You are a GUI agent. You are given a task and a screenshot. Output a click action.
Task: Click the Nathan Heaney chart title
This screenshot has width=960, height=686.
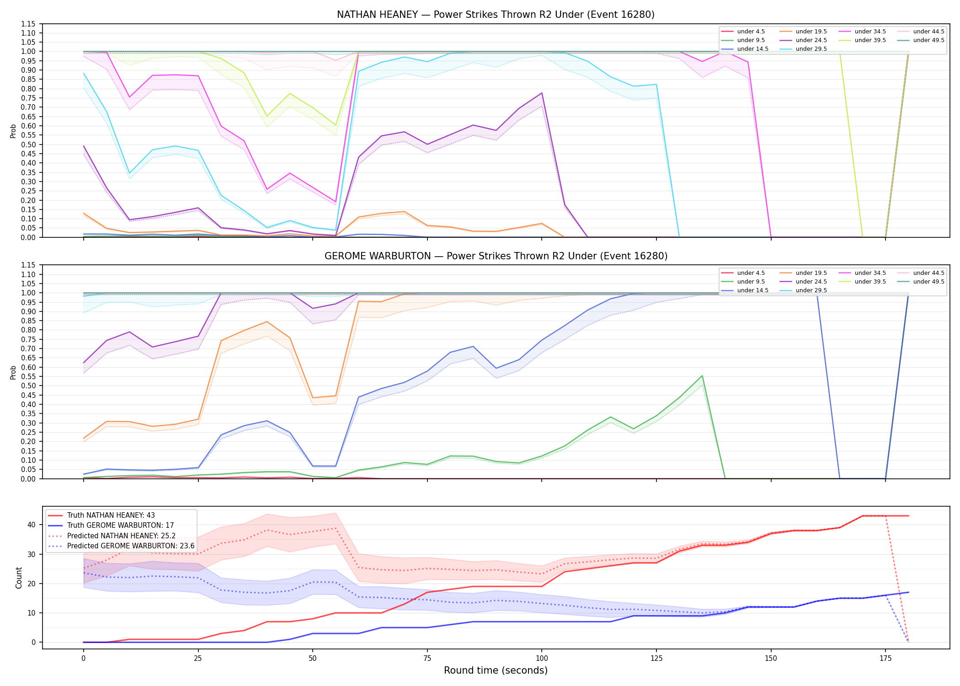point(496,15)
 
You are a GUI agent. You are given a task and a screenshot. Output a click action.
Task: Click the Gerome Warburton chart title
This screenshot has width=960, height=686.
point(496,256)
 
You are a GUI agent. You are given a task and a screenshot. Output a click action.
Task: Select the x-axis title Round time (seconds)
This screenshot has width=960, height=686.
point(496,670)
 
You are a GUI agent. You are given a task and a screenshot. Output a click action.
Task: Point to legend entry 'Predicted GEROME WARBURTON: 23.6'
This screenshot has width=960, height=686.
point(122,546)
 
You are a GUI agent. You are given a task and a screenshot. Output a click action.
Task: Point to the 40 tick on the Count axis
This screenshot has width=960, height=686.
point(32,525)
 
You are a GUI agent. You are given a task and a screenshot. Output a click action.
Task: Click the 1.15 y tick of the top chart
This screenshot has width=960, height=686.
point(29,24)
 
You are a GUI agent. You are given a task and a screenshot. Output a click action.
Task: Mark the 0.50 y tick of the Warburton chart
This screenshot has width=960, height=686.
point(29,386)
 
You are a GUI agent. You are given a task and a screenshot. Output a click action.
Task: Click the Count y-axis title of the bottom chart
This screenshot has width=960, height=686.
point(19,578)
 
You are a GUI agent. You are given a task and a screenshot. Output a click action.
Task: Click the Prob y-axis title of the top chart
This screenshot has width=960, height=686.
point(13,131)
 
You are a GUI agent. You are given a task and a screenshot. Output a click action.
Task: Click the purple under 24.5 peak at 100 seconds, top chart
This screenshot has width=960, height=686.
point(542,93)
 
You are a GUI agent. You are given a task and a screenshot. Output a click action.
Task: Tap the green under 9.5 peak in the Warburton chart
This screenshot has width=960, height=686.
point(702,376)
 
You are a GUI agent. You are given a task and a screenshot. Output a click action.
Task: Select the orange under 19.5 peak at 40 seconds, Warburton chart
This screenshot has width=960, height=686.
point(267,322)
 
